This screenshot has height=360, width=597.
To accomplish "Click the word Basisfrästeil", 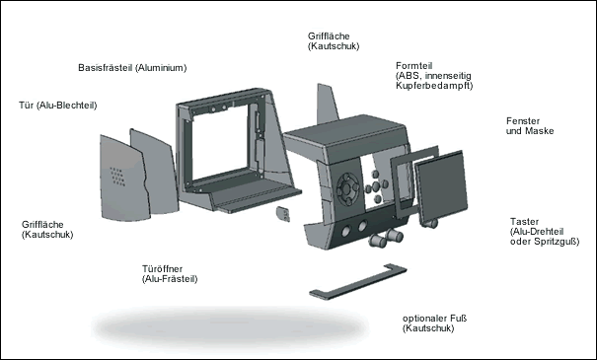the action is tap(105, 68).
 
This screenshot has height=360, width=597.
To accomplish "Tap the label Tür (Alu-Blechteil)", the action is tap(58, 106).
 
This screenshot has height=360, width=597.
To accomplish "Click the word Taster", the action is tap(524, 222).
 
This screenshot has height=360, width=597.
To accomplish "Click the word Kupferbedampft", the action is tap(434, 86).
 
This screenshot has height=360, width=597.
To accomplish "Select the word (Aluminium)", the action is tap(161, 68).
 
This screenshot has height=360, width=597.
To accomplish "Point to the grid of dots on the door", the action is tap(117, 177).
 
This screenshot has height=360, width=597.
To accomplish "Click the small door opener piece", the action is tap(283, 214).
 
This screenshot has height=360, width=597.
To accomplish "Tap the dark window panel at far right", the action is tap(441, 186).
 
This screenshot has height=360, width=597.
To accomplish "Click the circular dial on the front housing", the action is tap(347, 188).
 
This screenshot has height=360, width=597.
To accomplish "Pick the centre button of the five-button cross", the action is tap(375, 186).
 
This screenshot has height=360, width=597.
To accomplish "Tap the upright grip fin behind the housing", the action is tap(327, 104).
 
